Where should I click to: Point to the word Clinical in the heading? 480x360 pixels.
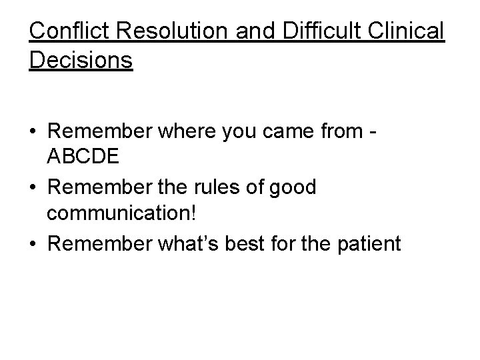pos(411,31)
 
